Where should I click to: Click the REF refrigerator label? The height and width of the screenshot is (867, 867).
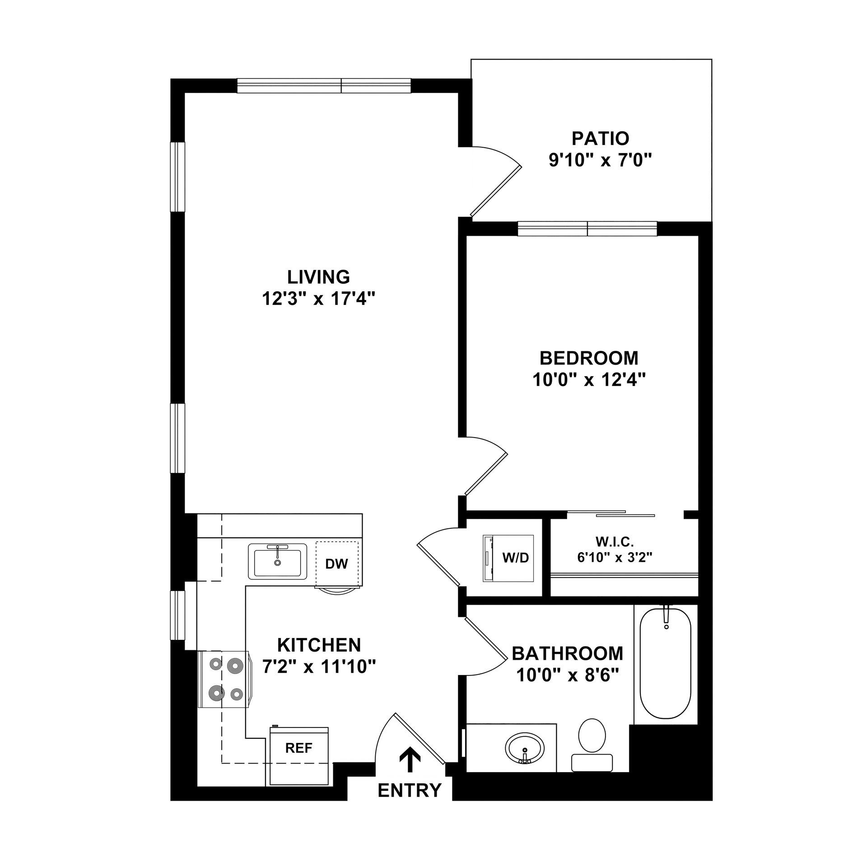coord(298,748)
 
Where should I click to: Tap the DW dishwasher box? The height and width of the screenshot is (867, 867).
coord(337,564)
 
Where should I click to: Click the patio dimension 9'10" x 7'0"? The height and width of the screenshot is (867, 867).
coord(601,161)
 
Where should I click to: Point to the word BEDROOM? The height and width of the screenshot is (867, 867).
coord(589,358)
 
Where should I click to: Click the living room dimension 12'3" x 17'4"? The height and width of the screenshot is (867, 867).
coord(319,298)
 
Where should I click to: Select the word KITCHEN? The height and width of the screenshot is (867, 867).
coord(319,645)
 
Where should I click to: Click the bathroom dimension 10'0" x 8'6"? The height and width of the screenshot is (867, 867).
coord(567,676)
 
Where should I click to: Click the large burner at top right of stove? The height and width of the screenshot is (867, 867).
coord(235,665)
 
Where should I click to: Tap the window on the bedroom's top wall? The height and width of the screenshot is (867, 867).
coord(587,229)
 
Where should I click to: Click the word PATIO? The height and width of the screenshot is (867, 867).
coord(600,138)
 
